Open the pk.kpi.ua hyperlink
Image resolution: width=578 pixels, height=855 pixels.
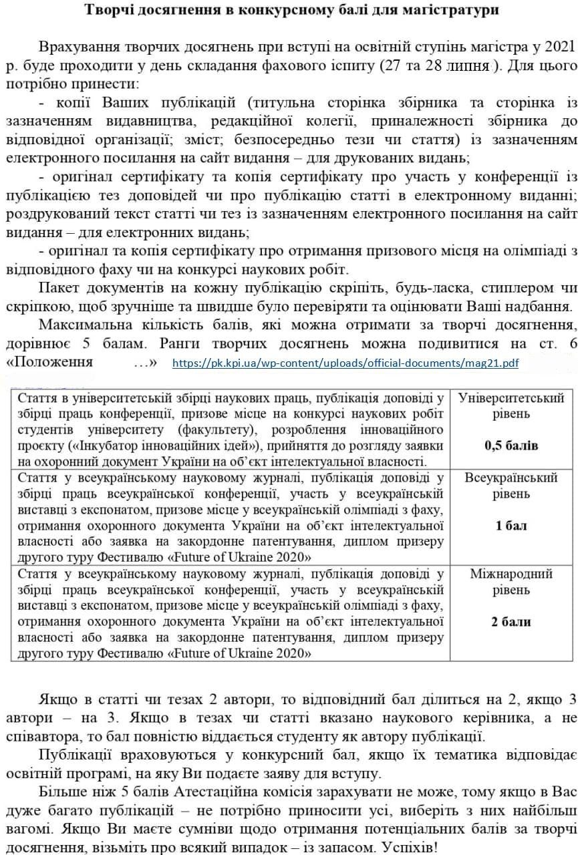tap(345, 363)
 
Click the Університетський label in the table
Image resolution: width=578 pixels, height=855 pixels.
tap(511, 399)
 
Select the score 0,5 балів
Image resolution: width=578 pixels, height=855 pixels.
tap(511, 445)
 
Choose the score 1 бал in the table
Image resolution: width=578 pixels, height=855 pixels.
tap(511, 525)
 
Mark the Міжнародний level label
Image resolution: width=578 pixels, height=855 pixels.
tap(511, 574)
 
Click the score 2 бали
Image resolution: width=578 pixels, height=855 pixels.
tap(511, 621)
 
